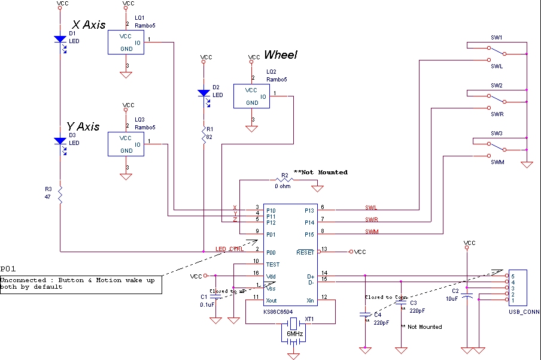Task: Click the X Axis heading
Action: [x=89, y=25]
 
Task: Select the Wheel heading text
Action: [x=281, y=55]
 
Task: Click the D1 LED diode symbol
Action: [x=60, y=39]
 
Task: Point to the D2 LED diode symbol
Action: [x=203, y=93]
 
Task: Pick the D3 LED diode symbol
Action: [x=60, y=141]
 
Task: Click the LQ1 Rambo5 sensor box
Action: [x=126, y=42]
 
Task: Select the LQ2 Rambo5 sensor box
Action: [x=251, y=96]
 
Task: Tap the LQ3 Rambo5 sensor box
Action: [x=126, y=144]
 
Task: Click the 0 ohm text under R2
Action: [x=283, y=186]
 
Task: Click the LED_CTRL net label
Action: [x=229, y=249]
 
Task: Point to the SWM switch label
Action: [x=497, y=162]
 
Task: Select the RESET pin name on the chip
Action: [x=305, y=252]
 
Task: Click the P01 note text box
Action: [x=81, y=283]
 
